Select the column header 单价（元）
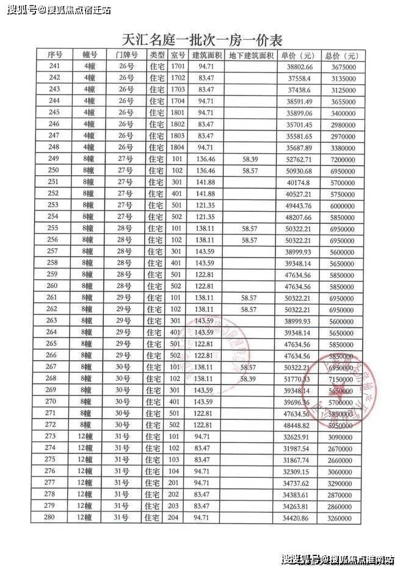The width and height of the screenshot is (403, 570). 299,55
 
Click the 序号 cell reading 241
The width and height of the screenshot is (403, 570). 55,66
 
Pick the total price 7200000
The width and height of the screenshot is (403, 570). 340,159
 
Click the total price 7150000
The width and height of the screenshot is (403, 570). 340,379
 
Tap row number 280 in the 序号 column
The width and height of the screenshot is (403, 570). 55,518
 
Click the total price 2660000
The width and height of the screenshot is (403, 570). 340,460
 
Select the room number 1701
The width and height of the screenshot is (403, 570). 178,66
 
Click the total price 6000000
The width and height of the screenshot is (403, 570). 340,205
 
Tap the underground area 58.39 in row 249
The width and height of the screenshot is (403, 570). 250,159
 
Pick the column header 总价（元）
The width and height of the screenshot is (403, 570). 340,55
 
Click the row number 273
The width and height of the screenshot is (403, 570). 55,437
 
